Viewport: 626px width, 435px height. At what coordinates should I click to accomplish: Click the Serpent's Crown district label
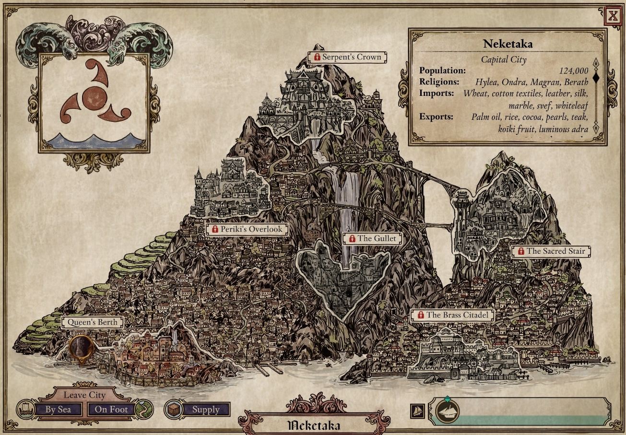coord(348,57)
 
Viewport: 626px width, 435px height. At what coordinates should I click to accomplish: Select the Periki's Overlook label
coord(248,229)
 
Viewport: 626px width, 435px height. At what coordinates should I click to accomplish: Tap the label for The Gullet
coord(373,238)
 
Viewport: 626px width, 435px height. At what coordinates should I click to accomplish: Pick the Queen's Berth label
coord(92,322)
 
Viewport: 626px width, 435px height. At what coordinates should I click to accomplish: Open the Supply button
coord(205,410)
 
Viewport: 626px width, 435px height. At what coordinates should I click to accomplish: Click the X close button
coord(613,16)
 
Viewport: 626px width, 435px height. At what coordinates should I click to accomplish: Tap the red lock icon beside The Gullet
coord(352,238)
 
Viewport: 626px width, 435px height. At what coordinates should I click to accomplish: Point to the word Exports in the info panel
coord(436,117)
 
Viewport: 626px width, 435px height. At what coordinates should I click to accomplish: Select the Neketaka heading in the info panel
coord(508,44)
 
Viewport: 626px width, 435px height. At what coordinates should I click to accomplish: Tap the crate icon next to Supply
coord(173,410)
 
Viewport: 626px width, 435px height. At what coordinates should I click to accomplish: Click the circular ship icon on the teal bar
coord(448,411)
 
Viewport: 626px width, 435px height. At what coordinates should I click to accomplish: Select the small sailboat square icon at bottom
coord(417,411)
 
